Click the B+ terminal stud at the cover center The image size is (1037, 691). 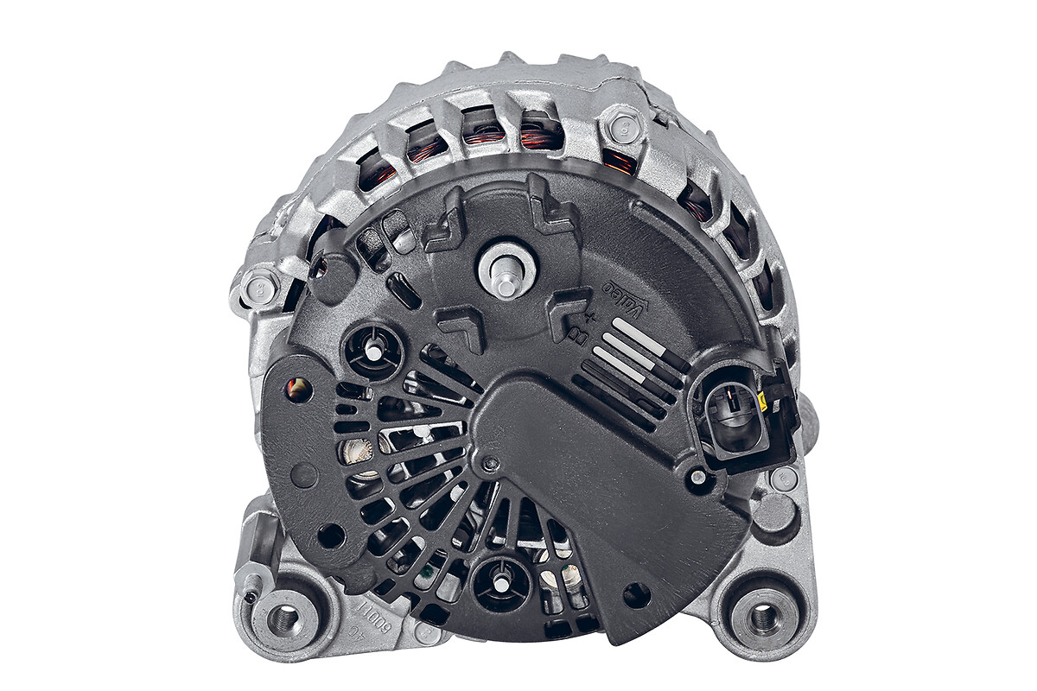click(x=506, y=270)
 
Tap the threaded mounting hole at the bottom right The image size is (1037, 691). click(x=763, y=616)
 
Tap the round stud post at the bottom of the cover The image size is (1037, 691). click(x=501, y=581)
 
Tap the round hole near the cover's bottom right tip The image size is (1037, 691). click(x=636, y=595)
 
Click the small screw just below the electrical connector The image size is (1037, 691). click(x=697, y=477)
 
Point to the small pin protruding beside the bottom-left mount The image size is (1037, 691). click(x=251, y=596)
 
